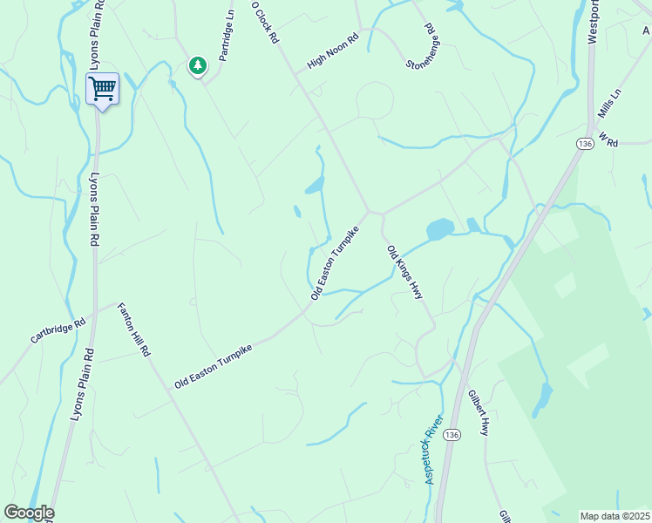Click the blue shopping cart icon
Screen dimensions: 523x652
click(x=103, y=87)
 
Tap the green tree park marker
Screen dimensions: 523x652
click(x=199, y=65)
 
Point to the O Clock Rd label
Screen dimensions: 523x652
click(x=264, y=23)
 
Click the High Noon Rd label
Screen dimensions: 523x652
click(x=333, y=52)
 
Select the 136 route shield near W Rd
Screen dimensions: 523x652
click(x=583, y=142)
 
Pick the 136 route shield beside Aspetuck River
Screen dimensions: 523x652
click(x=450, y=434)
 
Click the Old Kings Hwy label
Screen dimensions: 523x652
click(x=405, y=273)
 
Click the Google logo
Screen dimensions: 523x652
click(x=29, y=513)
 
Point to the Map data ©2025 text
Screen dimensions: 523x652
click(x=614, y=516)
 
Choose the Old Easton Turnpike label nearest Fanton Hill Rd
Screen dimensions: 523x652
click(x=214, y=365)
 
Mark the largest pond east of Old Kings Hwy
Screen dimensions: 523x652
click(x=440, y=229)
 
